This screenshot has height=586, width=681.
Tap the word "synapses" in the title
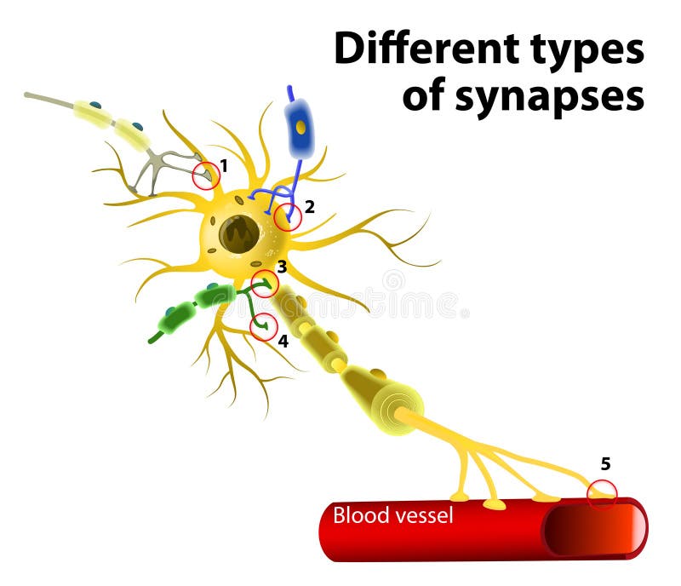pos(548,96)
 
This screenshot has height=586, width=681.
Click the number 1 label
pos(224,164)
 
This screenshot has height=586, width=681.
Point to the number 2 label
pos(310,205)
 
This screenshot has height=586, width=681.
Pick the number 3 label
pos(282,267)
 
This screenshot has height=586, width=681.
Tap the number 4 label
pos(283,341)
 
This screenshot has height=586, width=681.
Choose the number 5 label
pos(605,464)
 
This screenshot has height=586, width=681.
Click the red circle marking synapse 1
pos(205,176)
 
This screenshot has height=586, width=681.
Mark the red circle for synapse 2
pos(288,217)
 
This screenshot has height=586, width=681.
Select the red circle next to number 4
pos(264,327)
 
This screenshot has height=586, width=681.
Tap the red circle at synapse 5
pos(603,493)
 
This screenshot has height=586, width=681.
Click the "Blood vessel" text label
pos(392,515)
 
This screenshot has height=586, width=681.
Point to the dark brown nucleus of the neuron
pos(239,233)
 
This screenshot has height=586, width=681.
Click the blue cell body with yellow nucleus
pos(299,129)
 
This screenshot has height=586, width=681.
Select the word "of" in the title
pos(425,96)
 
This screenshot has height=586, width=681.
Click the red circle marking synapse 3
pos(265,283)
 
